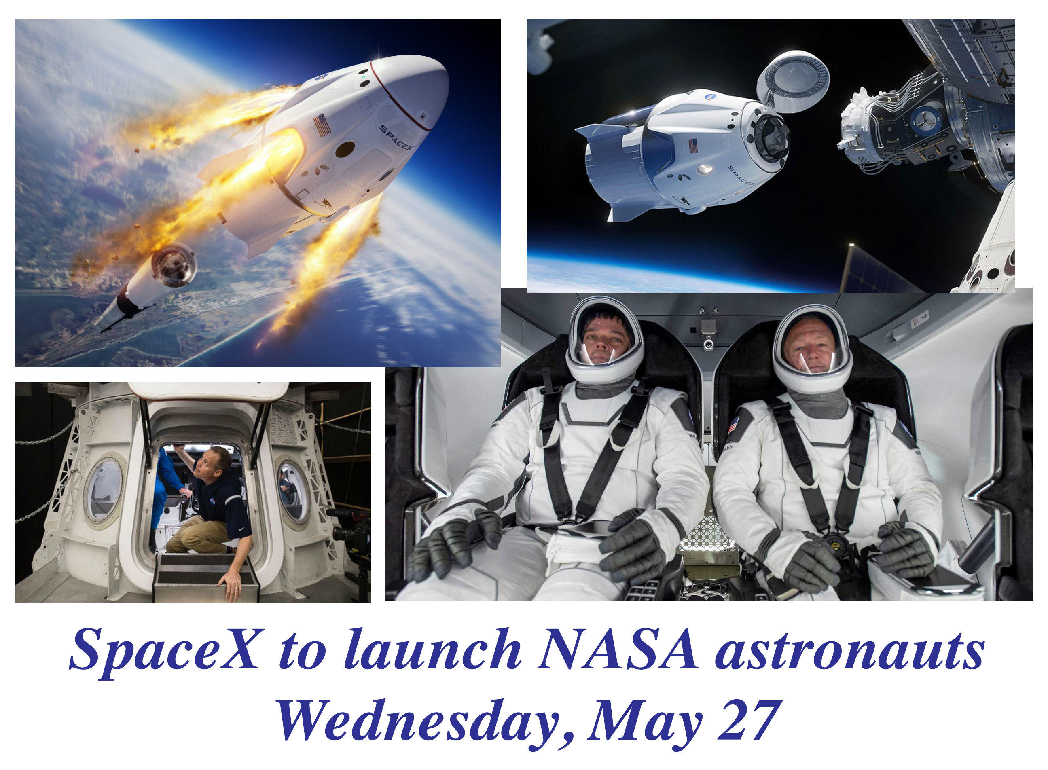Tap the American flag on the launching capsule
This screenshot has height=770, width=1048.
pos(322,125)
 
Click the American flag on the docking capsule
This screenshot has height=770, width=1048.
pos(693,146)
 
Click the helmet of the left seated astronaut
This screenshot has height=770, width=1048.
pos(605,340)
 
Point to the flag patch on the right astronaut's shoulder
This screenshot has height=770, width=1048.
pos(734,425)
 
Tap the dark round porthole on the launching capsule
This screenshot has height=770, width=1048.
pos(345,149)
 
